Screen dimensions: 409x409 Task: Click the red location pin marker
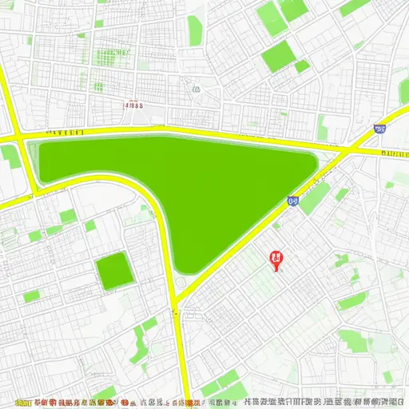(276, 260)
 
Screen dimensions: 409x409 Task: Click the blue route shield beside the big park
(292, 202)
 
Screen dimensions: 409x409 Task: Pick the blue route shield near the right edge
(378, 128)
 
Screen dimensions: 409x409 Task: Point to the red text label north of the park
(134, 104)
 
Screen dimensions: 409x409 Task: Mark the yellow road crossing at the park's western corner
(22, 138)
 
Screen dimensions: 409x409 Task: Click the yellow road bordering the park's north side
(200, 130)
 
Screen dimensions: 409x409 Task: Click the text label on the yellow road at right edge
(395, 152)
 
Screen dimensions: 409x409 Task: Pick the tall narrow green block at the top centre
(194, 30)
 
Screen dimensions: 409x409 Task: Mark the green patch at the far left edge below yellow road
(8, 156)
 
